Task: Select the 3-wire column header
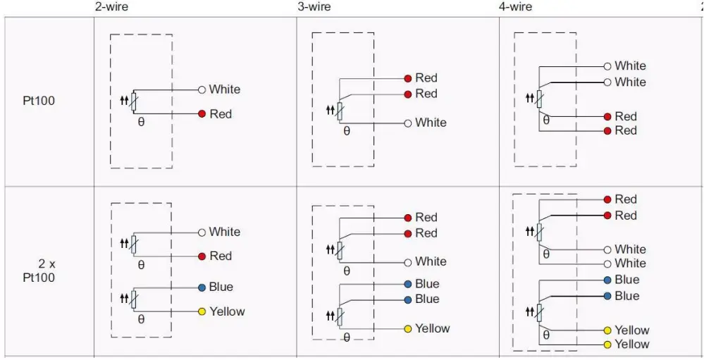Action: pos(314,6)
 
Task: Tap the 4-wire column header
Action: pos(516,6)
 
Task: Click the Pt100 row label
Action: pos(39,101)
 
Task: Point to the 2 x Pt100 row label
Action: pos(42,271)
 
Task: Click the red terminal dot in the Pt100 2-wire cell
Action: pos(202,114)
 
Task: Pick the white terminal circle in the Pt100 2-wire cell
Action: pos(202,89)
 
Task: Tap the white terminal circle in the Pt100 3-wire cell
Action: pos(407,123)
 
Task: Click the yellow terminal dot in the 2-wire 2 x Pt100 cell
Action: pos(202,311)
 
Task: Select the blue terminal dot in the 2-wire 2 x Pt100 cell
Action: pos(202,287)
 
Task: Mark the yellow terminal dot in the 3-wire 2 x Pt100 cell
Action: pos(407,328)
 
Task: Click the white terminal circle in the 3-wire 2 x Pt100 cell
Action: pos(407,261)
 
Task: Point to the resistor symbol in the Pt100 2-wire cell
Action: pos(133,103)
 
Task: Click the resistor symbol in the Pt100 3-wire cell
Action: pos(339,111)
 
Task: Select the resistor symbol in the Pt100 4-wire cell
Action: pos(540,99)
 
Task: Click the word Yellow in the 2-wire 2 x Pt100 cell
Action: pos(227,311)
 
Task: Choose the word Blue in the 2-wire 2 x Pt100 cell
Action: pos(221,287)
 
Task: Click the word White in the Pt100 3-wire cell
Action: pos(431,123)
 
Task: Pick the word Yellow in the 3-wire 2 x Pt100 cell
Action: pos(433,328)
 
